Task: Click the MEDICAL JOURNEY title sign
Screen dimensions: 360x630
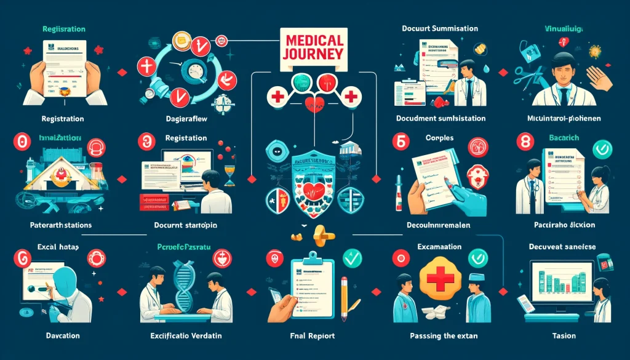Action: click(314, 48)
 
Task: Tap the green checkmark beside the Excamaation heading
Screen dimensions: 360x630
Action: click(477, 257)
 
